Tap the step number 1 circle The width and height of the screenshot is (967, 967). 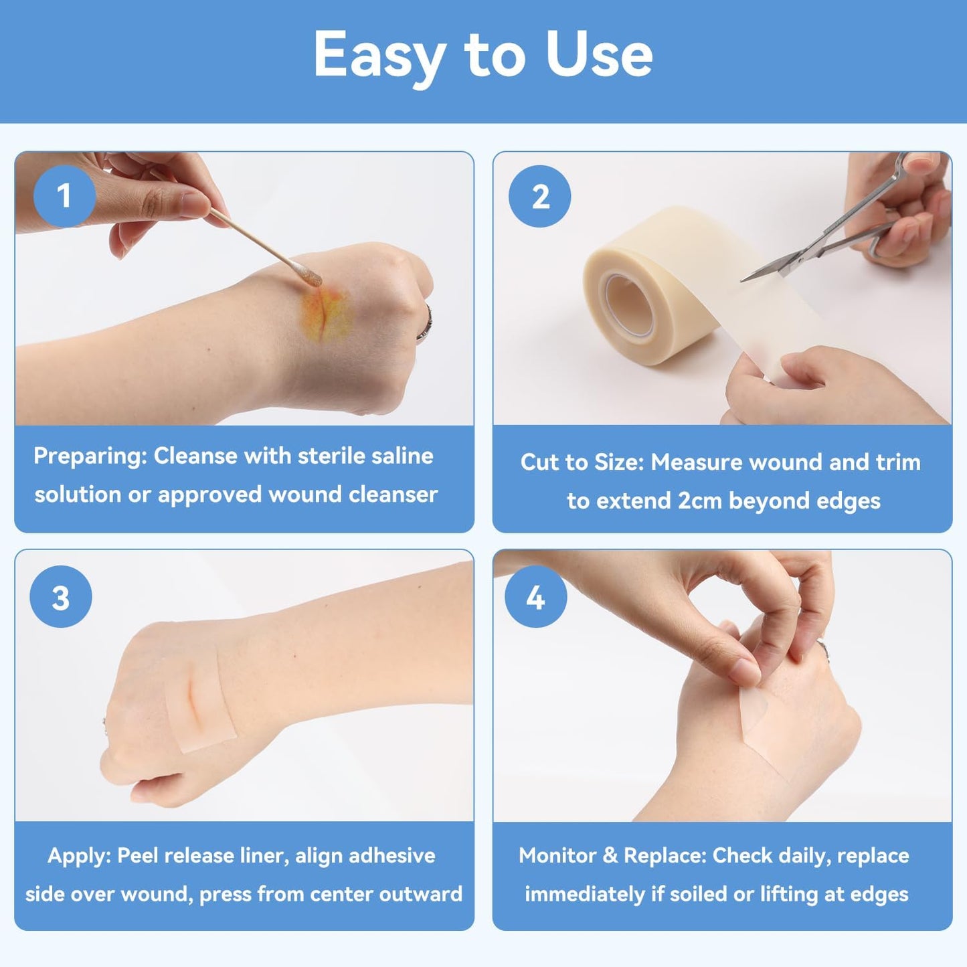(64, 196)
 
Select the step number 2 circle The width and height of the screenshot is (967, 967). (540, 197)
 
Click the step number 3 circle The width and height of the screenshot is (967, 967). (61, 597)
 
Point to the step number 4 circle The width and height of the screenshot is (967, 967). (535, 597)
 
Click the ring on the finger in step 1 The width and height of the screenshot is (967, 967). (424, 324)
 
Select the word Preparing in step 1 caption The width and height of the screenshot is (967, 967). (90, 456)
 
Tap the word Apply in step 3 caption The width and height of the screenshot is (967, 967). (79, 855)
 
